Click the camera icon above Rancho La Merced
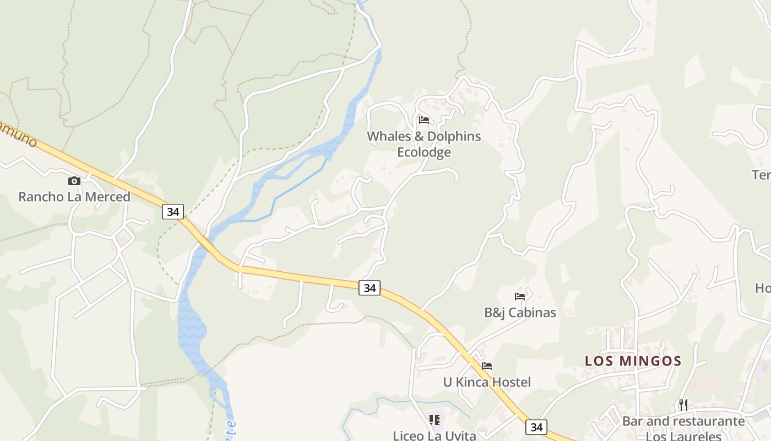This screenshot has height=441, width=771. click(x=74, y=181)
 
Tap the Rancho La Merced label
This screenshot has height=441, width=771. click(x=74, y=197)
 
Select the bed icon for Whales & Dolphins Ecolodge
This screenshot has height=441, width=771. click(x=423, y=120)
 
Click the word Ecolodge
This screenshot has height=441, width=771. click(x=424, y=152)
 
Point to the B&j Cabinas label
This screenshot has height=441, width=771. click(x=520, y=313)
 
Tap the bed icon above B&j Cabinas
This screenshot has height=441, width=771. click(x=519, y=297)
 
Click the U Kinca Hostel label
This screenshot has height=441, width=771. click(x=487, y=382)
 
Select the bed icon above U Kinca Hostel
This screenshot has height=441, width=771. click(x=486, y=365)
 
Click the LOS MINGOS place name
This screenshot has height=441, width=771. click(x=633, y=361)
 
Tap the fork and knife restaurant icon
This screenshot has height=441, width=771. click(x=683, y=405)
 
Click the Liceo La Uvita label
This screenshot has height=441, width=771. click(x=434, y=435)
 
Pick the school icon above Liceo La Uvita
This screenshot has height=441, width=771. click(x=435, y=420)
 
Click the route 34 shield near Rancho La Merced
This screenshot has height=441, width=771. click(x=173, y=211)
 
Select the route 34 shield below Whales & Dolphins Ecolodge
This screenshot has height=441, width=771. click(x=370, y=287)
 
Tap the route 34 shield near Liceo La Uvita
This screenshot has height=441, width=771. click(x=536, y=427)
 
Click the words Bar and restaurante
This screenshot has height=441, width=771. click(x=683, y=421)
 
